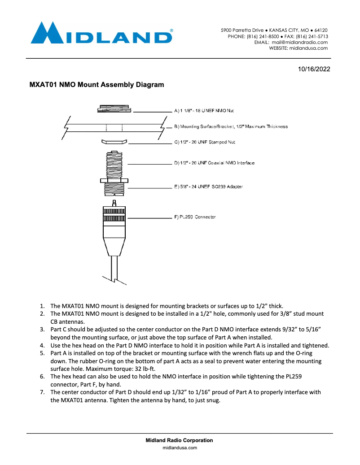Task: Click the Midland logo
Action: point(101,34)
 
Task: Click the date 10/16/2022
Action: point(314,70)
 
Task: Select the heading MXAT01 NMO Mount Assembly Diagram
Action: point(97,84)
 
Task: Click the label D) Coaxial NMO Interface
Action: point(214,163)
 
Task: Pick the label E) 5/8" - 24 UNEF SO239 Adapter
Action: point(208,187)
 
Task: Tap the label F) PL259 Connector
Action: point(195,217)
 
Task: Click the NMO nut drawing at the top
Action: point(114,109)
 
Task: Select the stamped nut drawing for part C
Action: point(114,142)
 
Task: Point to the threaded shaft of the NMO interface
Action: point(114,164)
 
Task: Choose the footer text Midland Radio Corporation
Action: point(180,440)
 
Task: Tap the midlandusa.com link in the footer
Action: point(180,448)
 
